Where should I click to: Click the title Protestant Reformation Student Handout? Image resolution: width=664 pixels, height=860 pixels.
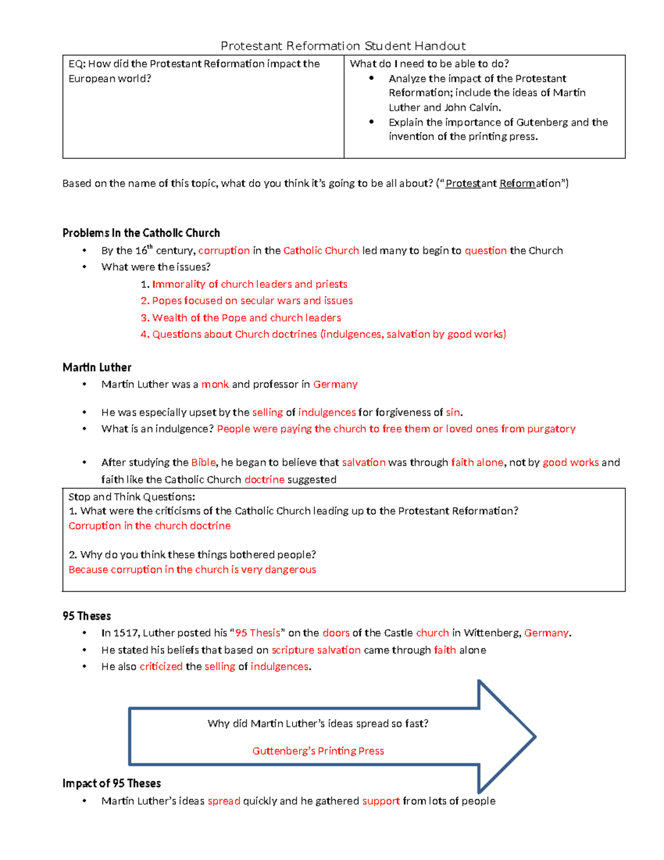point(343,46)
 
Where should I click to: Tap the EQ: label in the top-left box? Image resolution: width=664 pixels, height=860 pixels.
point(77,64)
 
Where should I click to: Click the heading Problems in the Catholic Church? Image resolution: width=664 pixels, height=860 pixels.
point(141,233)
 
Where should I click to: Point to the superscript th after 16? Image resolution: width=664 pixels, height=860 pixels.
point(149,247)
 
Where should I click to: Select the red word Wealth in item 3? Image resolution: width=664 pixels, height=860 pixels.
point(169,318)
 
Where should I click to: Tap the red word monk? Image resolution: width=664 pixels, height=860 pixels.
point(215,384)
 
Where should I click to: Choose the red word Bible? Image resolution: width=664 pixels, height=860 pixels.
point(203,462)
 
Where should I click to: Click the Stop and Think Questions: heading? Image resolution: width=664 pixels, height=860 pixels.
point(132,497)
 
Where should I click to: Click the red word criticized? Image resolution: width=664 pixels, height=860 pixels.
point(161,667)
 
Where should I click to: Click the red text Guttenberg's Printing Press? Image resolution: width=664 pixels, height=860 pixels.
point(318,751)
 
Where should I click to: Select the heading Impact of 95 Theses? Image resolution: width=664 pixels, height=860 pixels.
point(112,784)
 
